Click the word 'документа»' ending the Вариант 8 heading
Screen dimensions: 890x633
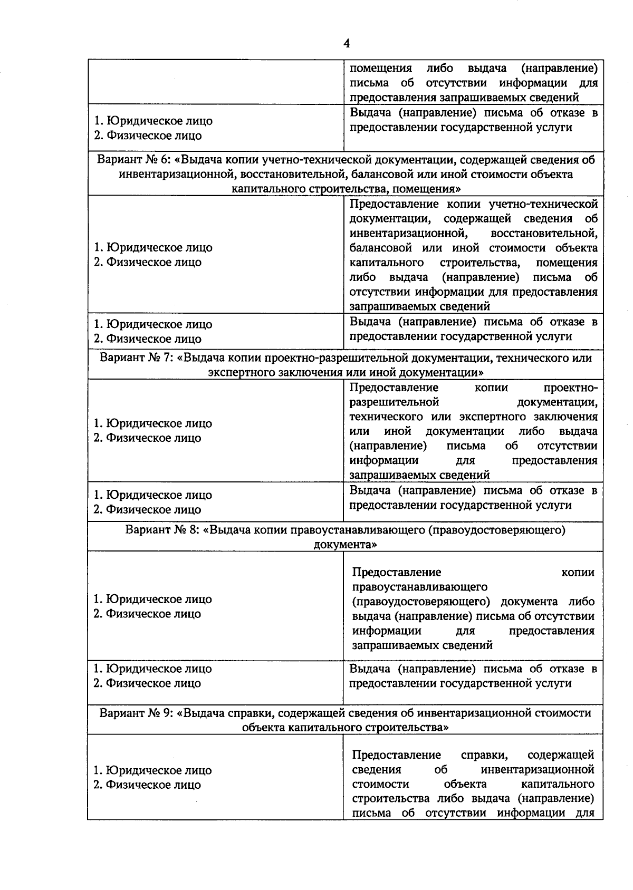[x=345, y=544]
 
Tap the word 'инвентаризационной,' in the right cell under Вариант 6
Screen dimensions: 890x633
[x=406, y=233]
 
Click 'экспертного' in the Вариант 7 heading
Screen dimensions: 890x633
[x=238, y=373]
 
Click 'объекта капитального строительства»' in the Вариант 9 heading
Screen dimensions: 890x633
[x=345, y=728]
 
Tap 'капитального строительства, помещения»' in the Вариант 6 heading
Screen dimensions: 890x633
[x=345, y=189]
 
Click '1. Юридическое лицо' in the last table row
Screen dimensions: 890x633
[x=152, y=770]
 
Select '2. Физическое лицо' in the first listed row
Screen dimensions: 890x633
[x=148, y=136]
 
